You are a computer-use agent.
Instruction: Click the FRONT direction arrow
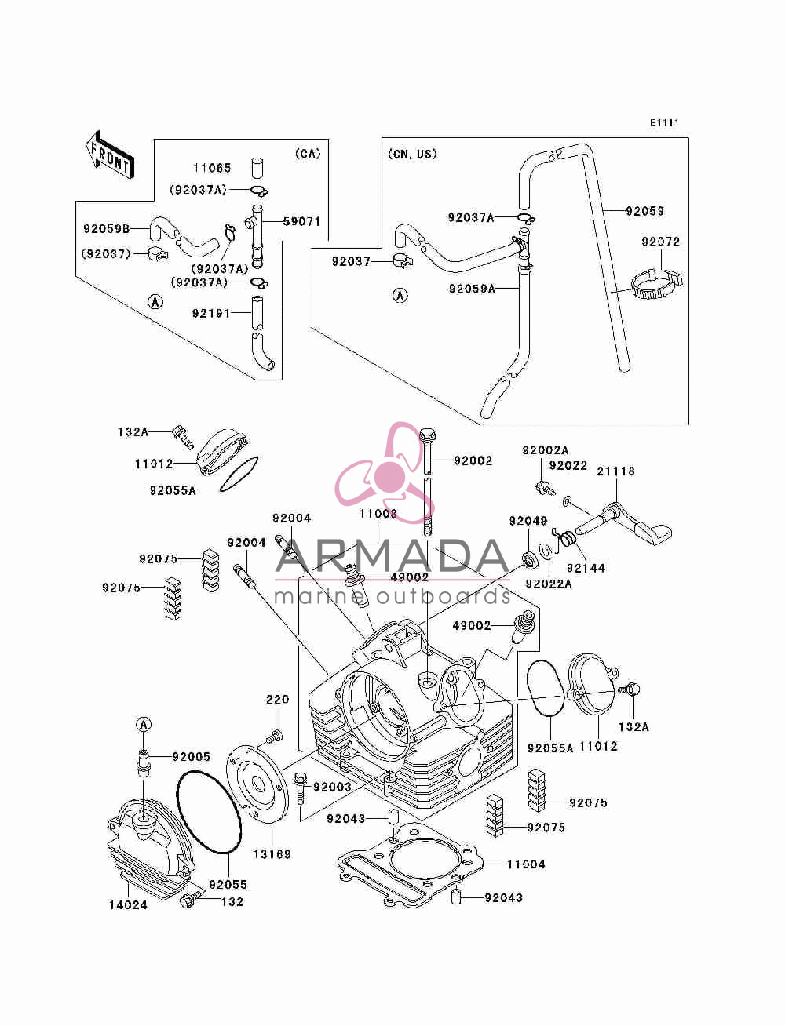(x=110, y=155)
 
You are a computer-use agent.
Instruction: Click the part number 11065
(x=212, y=167)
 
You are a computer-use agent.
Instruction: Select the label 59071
(x=301, y=221)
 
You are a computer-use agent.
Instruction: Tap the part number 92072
(x=660, y=242)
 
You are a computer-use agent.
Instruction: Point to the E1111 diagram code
(x=664, y=123)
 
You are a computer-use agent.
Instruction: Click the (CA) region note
(x=308, y=153)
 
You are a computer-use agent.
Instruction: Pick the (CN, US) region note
(x=412, y=154)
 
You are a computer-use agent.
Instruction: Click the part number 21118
(x=615, y=471)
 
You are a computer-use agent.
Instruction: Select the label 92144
(x=586, y=568)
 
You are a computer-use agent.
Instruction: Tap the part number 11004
(x=526, y=864)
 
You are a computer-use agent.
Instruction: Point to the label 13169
(x=272, y=854)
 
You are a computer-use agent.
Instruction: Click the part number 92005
(x=192, y=757)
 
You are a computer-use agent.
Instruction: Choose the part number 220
(x=277, y=699)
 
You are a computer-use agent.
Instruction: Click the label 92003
(x=332, y=787)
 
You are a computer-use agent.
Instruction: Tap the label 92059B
(x=106, y=228)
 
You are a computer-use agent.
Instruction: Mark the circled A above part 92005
(x=144, y=725)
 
